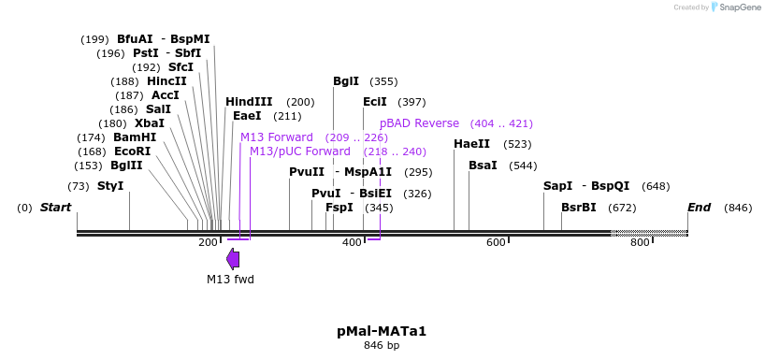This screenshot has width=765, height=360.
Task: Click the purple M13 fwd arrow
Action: [232, 259]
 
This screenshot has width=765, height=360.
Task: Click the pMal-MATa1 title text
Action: [382, 331]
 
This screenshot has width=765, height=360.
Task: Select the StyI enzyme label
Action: [110, 186]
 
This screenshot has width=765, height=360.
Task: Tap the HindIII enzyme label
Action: [249, 102]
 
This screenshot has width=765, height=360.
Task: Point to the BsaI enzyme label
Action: [483, 166]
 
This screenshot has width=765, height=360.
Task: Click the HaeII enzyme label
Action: [471, 144]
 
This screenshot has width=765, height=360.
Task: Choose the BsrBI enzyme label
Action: [578, 208]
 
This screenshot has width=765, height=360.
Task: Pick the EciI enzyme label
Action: [375, 102]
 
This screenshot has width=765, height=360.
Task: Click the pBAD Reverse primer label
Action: [419, 123]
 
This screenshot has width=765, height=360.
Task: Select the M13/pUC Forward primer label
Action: [300, 151]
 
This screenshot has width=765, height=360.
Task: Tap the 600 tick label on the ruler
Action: [496, 243]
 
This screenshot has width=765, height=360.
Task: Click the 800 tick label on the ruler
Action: [640, 243]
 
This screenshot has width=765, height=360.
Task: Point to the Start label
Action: [55, 208]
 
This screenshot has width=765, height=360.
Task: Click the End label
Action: [699, 208]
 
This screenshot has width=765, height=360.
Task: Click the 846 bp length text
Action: [382, 346]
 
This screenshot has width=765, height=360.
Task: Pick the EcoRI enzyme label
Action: [132, 151]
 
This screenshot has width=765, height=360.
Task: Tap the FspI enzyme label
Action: [339, 208]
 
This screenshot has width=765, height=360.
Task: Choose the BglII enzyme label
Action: [126, 166]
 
